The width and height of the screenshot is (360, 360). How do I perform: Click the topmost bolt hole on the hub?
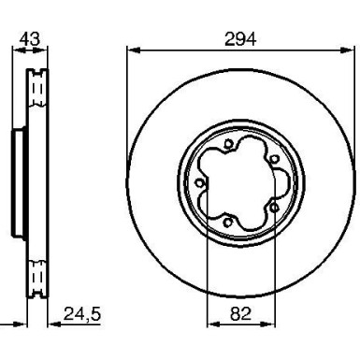click(229, 143)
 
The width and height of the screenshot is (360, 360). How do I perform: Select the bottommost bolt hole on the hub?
click(230, 222)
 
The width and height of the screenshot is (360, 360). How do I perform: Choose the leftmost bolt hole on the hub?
click(199, 183)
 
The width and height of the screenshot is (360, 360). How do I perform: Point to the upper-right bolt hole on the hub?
click(271, 159)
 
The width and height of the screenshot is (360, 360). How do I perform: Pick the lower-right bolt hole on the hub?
click(271, 206)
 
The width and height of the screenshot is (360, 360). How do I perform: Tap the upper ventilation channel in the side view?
click(38, 89)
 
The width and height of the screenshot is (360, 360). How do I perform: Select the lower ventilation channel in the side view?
click(38, 276)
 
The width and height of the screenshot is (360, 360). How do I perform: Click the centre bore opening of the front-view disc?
click(236, 182)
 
